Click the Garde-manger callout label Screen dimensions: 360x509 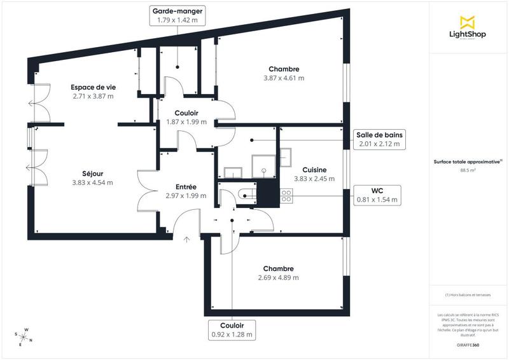178,16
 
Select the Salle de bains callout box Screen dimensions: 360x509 379,139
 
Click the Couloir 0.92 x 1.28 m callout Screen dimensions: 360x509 232,329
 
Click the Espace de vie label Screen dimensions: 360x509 93,87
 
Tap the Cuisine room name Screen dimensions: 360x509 314,170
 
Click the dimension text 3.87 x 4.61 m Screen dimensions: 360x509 284,78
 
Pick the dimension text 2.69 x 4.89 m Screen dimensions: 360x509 279,277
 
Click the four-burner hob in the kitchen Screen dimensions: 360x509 286,197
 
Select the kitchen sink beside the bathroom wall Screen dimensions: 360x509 285,156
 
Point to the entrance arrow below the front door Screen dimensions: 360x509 186,239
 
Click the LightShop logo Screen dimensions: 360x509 468,27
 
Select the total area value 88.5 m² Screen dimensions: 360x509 468,170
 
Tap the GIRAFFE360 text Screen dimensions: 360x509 468,343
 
